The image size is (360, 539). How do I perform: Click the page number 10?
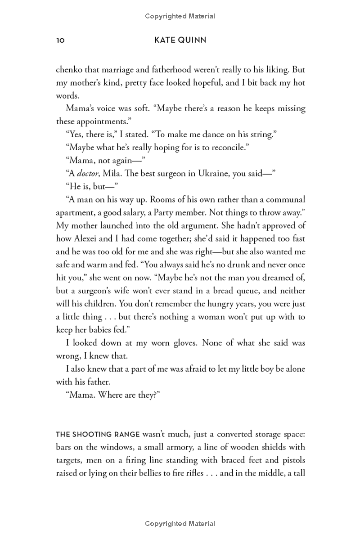60,40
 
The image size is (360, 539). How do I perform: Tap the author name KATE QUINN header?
180,40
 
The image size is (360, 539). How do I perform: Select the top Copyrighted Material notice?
180,16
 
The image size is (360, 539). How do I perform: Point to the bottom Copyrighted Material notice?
180,523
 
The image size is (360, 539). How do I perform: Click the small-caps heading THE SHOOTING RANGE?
98,434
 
